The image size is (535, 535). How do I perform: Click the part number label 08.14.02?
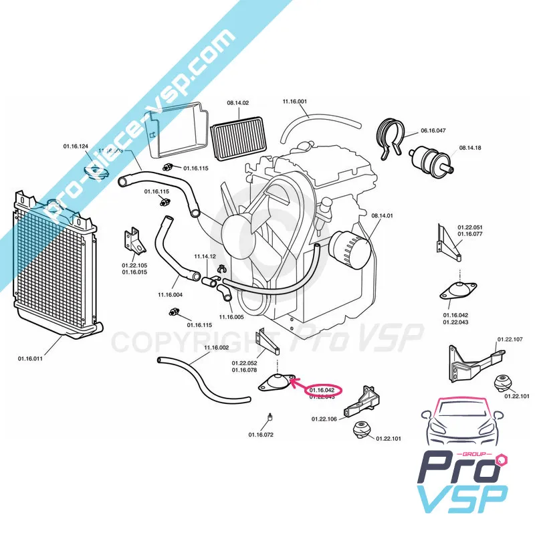pos(237,103)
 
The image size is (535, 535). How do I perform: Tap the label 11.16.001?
pos(294,101)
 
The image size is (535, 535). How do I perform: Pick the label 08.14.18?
pos(470,147)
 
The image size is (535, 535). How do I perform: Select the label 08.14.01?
pos(382,215)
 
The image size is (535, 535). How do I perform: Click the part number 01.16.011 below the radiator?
pos(30,359)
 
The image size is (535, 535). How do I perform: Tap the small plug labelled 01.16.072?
pos(267,418)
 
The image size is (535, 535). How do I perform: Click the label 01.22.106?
pos(324,419)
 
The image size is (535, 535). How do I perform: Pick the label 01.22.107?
pos(510,340)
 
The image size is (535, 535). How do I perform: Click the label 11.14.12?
pos(205,257)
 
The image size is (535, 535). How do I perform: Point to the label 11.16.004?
pos(170,294)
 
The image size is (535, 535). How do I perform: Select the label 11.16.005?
pos(231,316)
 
